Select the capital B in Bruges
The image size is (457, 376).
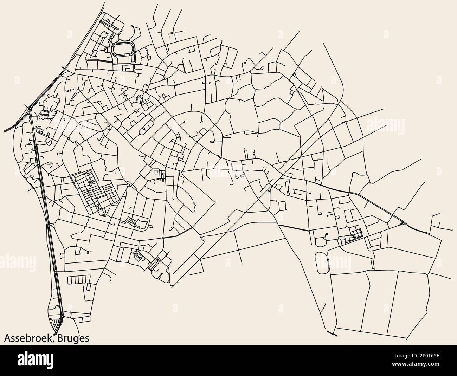58,338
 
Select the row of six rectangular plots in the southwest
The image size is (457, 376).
78,280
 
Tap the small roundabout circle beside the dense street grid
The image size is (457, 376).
128,185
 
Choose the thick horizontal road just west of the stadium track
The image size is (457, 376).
99,61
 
